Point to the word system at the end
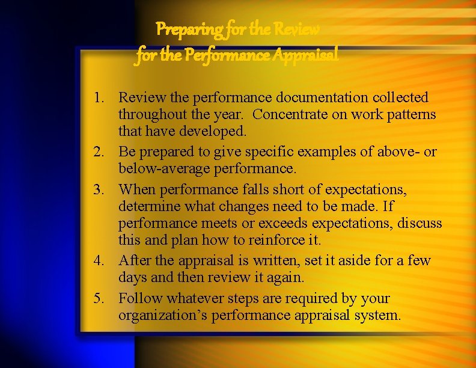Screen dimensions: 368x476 [380, 315]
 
